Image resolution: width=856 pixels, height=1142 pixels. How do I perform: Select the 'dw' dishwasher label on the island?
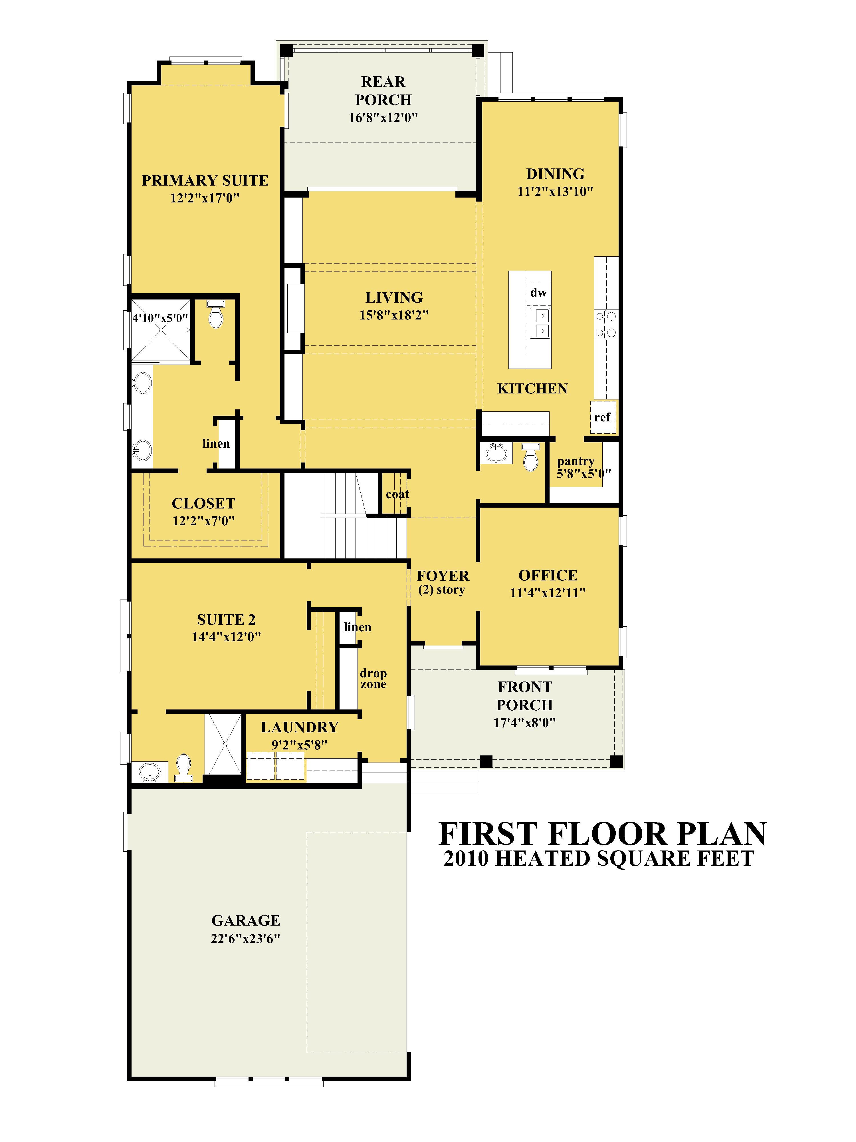pos(538,293)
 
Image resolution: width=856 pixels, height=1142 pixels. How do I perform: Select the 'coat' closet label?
pos(397,494)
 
